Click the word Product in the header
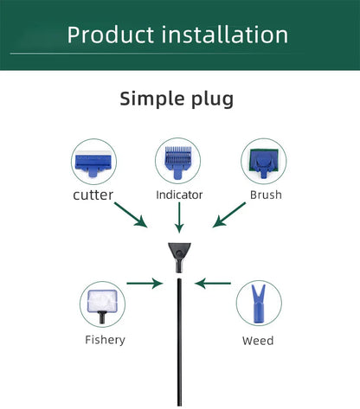pyautogui.click(x=110, y=35)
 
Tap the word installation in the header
pyautogui.click(x=225, y=35)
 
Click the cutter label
pyautogui.click(x=93, y=195)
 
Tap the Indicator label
pyautogui.click(x=179, y=195)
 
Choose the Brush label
pyautogui.click(x=266, y=195)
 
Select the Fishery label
pyautogui.click(x=105, y=340)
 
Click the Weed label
pyautogui.click(x=258, y=341)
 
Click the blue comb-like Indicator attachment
pyautogui.click(x=178, y=163)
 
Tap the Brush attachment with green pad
pyautogui.click(x=264, y=163)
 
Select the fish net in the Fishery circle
pyautogui.click(x=102, y=305)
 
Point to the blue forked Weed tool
pyautogui.click(x=259, y=304)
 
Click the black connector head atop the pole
pyautogui.click(x=179, y=258)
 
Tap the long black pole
pyautogui.click(x=179, y=342)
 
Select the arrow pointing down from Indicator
pyautogui.click(x=179, y=218)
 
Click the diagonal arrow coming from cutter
pyautogui.click(x=131, y=215)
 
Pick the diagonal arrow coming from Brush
pyautogui.click(x=229, y=214)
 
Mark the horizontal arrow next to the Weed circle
pyautogui.click(x=213, y=284)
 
